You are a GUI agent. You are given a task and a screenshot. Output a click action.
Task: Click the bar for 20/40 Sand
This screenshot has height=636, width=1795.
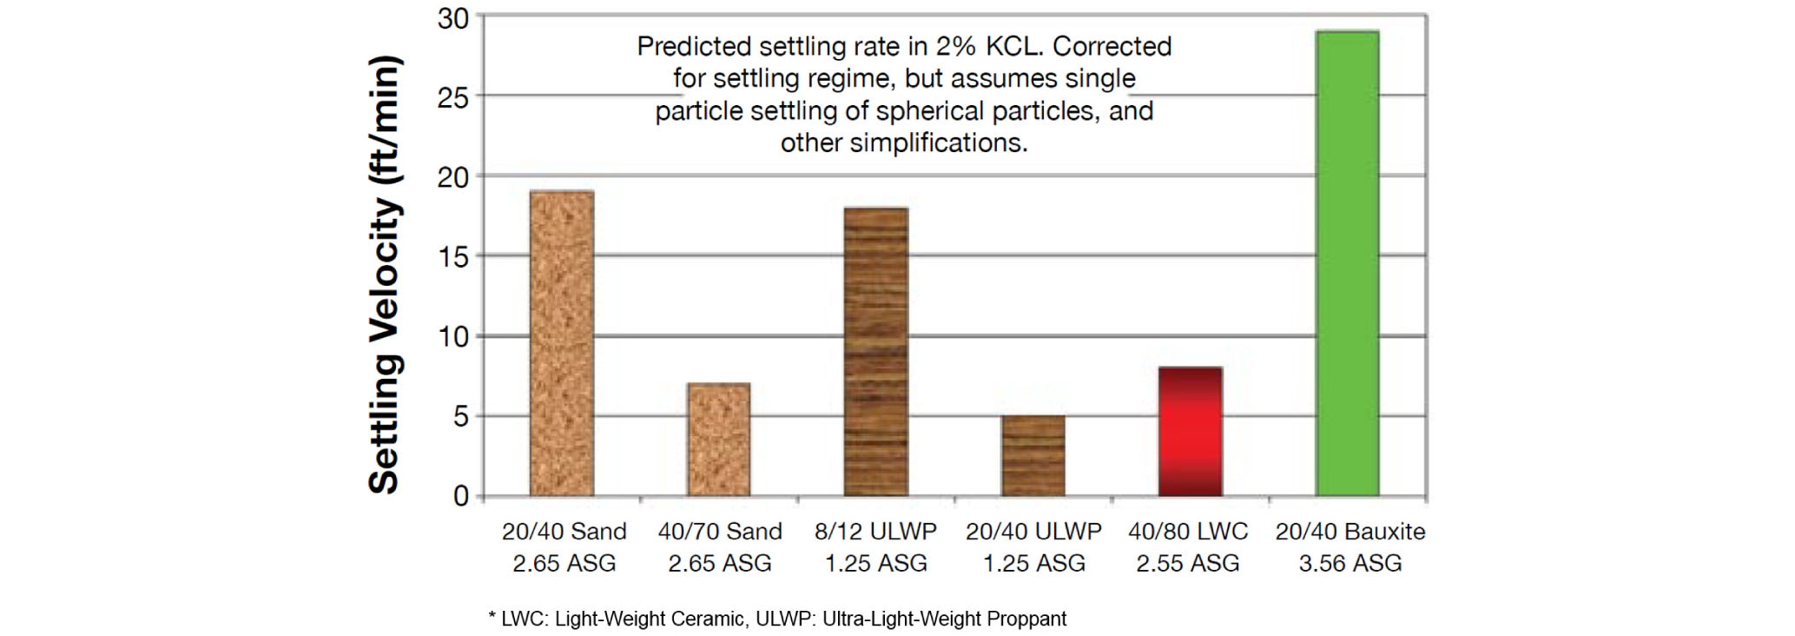click(562, 343)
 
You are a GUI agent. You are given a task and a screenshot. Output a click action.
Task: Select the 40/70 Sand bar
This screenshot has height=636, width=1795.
click(719, 440)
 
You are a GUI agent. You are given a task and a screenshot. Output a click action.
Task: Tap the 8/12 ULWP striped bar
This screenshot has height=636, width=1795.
click(876, 352)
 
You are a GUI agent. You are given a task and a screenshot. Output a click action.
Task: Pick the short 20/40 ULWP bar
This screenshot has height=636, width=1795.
click(1033, 456)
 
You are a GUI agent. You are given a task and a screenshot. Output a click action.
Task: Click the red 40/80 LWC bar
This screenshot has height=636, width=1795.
click(1191, 432)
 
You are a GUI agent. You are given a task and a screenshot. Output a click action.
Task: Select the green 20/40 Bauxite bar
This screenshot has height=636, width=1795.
click(1348, 263)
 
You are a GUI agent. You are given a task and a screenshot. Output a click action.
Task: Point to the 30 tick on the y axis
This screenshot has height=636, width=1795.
click(453, 18)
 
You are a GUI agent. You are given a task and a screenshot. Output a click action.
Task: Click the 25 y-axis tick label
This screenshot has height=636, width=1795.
click(453, 97)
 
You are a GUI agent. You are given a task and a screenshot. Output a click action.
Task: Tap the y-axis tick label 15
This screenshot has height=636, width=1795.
click(453, 257)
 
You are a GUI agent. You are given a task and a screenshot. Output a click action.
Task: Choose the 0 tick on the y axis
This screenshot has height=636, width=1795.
click(461, 496)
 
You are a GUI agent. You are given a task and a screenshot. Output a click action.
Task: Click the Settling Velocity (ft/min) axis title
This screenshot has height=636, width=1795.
click(384, 275)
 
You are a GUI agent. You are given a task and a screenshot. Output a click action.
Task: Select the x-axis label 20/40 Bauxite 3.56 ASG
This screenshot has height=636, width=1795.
click(1350, 547)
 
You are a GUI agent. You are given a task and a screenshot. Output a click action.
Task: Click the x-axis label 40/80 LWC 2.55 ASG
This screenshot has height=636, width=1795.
click(1188, 547)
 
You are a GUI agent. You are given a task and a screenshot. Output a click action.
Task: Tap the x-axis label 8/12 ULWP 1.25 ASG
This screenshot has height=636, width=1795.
click(876, 547)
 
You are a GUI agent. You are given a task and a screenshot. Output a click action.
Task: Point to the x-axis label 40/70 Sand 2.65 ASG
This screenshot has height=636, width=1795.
click(720, 547)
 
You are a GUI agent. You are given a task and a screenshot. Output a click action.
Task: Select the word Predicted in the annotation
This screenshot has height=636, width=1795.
click(694, 46)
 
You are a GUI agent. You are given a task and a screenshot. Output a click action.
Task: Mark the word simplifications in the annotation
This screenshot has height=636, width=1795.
click(938, 142)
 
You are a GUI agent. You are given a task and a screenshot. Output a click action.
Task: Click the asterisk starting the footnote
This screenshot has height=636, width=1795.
click(492, 617)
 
